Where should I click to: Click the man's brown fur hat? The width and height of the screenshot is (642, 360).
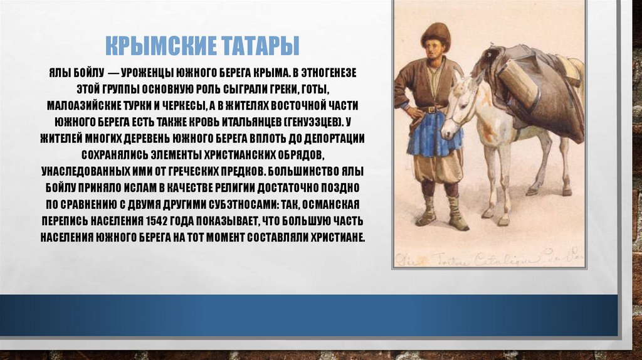tap(436, 34)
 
